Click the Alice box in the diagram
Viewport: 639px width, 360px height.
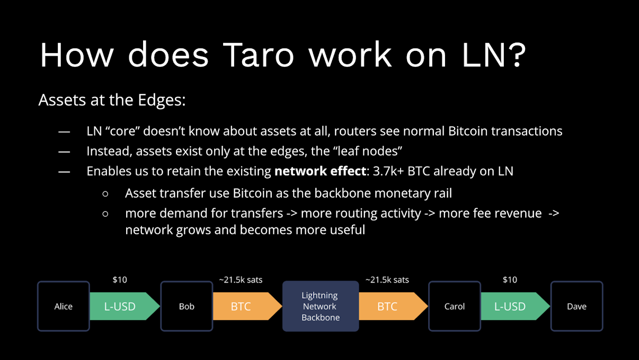(64, 306)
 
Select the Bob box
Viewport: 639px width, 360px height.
(187, 306)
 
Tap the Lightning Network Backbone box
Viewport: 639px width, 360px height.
(321, 306)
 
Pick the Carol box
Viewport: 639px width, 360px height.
(455, 306)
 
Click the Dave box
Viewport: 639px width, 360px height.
(576, 306)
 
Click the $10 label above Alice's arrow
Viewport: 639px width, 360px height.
(120, 279)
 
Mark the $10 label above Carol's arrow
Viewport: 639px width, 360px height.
(510, 279)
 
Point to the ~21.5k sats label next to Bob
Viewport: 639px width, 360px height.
(241, 280)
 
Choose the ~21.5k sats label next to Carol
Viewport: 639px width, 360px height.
(387, 280)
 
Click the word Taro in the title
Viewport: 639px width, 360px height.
(258, 55)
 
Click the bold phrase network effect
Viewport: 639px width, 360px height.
(320, 171)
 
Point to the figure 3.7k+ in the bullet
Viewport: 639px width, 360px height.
(388, 171)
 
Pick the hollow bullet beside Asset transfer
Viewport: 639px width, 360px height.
(105, 194)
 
